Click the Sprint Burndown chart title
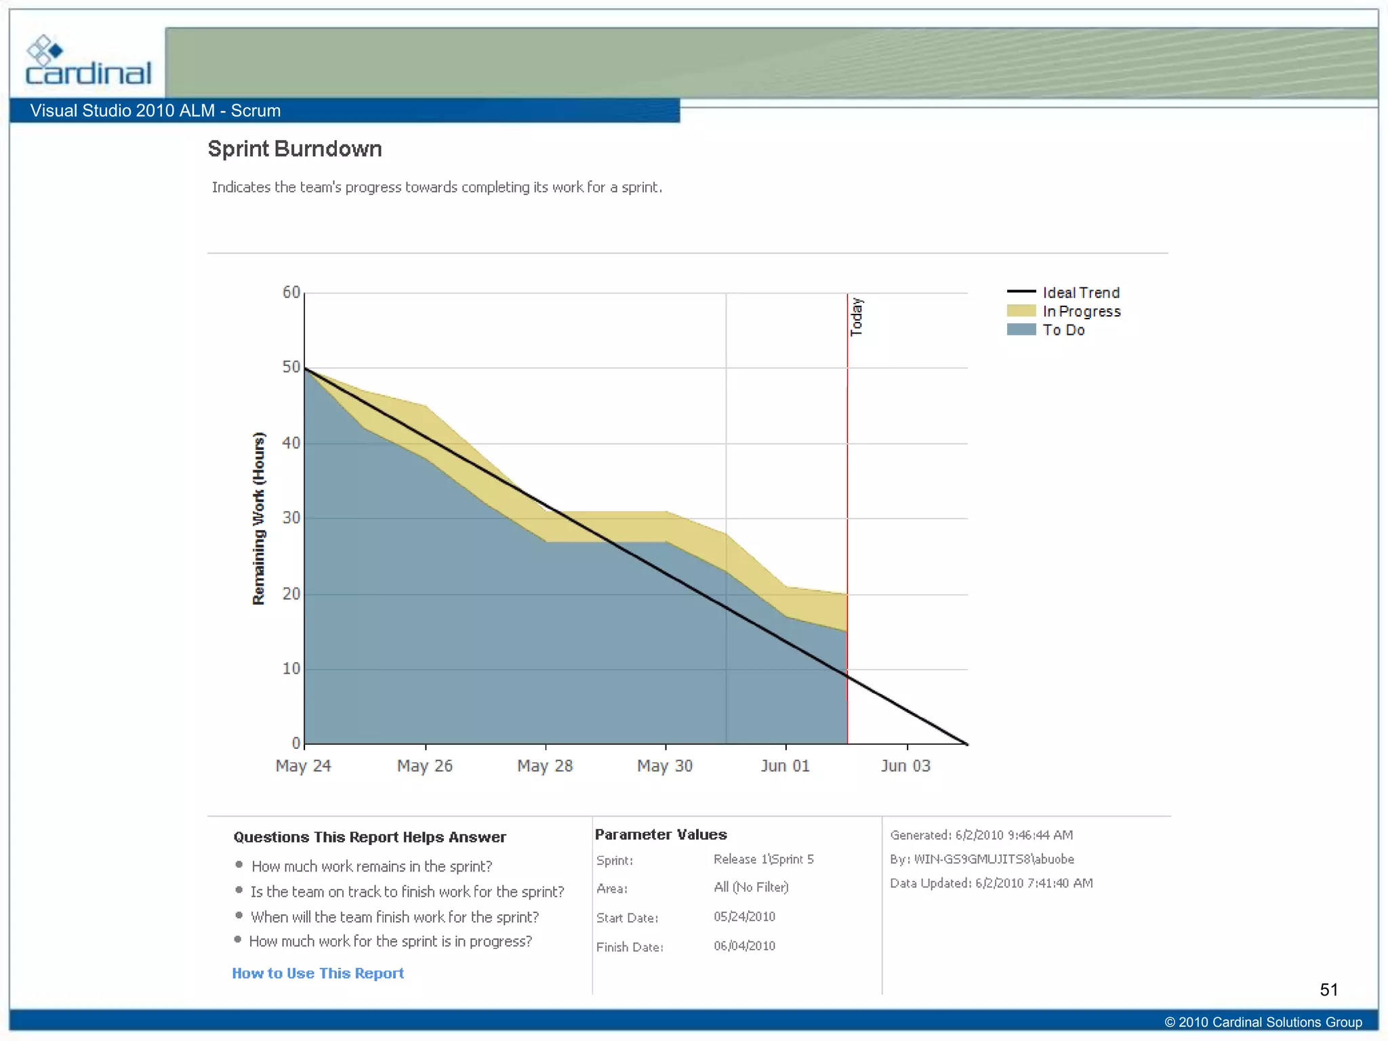coord(295,149)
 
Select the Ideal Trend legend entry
coord(1080,293)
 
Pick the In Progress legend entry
coord(1081,312)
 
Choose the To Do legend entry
coord(1063,330)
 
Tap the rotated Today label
coord(857,317)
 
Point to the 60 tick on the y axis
coord(291,292)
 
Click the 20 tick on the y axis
coord(291,594)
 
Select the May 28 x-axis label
coord(545,766)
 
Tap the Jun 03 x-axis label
coord(905,766)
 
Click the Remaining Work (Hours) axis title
coord(259,518)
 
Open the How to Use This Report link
coord(318,973)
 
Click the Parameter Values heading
coord(661,835)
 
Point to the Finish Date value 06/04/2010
coord(744,946)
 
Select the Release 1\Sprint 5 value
coord(763,859)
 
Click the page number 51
coord(1328,990)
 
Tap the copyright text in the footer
coord(1263,1022)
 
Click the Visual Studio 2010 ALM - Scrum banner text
coord(155,110)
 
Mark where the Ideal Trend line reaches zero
coord(967,743)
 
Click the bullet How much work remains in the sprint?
coord(371,866)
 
